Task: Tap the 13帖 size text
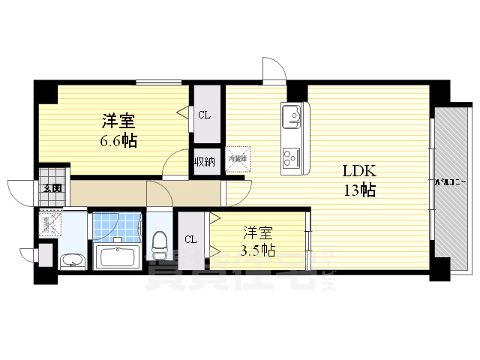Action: pos(359,190)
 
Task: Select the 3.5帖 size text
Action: pos(257,250)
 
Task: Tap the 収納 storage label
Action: pos(205,161)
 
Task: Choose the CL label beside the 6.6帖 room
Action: pos(204,115)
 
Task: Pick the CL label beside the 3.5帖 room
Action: pos(191,239)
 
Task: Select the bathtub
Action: pos(115,257)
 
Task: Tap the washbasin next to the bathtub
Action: pos(72,261)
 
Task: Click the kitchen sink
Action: pos(292,118)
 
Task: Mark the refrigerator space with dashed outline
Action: pos(237,158)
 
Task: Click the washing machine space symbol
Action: pos(50,223)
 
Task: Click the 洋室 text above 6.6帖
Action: pos(118,120)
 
